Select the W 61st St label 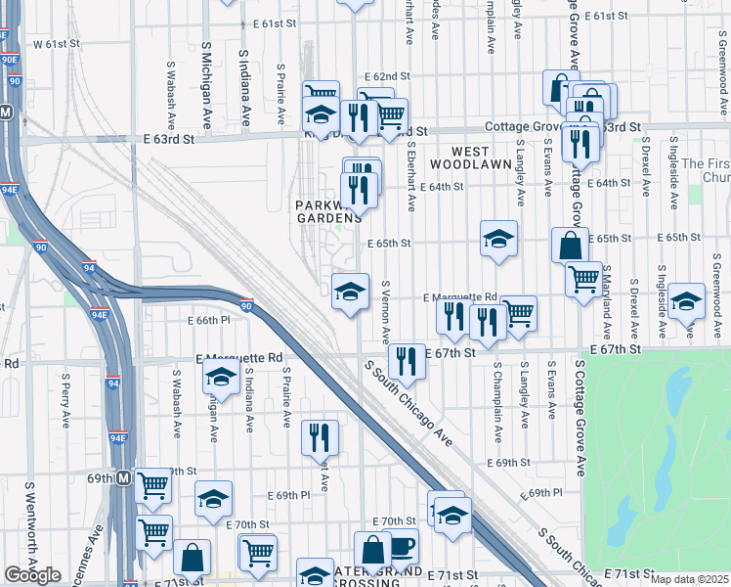click(x=55, y=44)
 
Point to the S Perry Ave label click(x=65, y=388)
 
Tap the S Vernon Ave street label click(x=386, y=314)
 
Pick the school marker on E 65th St click(x=498, y=238)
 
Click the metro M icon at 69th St click(x=124, y=478)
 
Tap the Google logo click(x=32, y=575)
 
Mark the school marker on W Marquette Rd click(x=222, y=375)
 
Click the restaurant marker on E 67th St click(x=407, y=360)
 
